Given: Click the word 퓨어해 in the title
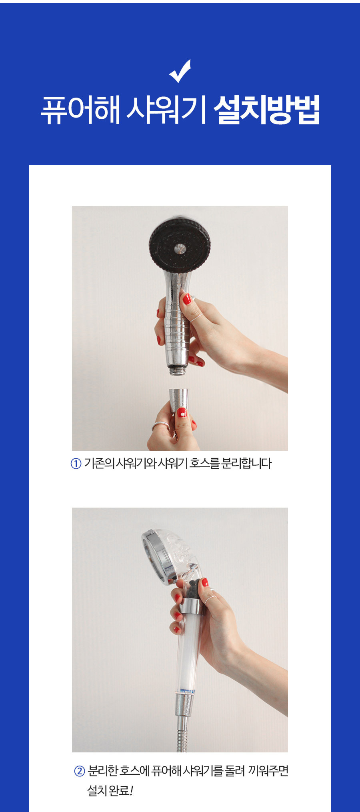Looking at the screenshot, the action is click(x=80, y=109).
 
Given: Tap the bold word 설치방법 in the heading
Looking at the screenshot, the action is click(x=266, y=109).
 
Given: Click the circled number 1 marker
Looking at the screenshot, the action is click(x=76, y=464).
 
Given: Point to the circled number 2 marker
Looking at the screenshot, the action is click(x=80, y=771).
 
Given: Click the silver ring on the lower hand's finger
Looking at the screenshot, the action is click(x=160, y=425).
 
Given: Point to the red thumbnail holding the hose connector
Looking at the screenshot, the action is click(x=182, y=412).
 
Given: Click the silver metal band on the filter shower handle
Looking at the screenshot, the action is click(x=192, y=606).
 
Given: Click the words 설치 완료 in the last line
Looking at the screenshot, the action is click(x=108, y=791).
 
